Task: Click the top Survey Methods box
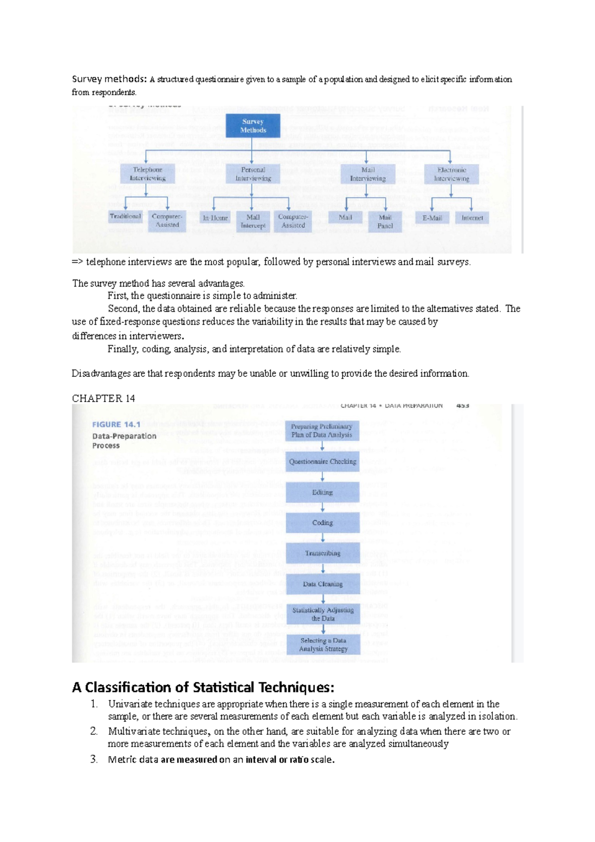click(253, 125)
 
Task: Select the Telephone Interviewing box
click(148, 174)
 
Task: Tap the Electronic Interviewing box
click(451, 174)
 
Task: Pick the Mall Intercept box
click(253, 221)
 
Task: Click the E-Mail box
click(432, 218)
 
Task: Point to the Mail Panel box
click(385, 222)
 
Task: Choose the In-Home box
click(215, 218)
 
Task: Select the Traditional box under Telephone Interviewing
click(125, 216)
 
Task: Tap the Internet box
click(472, 218)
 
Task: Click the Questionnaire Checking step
click(323, 462)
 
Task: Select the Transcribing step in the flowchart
click(323, 553)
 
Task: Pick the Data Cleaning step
click(323, 584)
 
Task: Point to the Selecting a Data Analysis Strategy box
click(323, 645)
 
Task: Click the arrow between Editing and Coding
click(323, 508)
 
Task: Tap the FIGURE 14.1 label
click(116, 424)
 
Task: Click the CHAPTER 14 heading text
click(103, 399)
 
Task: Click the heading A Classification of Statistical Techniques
click(203, 687)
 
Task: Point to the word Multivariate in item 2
click(133, 731)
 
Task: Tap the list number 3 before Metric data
click(94, 759)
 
